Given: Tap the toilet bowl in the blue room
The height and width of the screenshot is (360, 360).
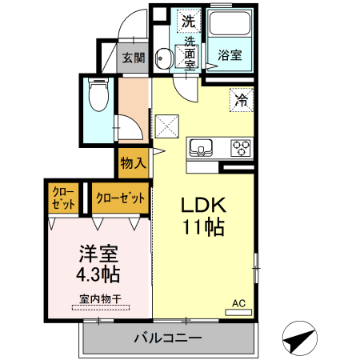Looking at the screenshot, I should (98, 97).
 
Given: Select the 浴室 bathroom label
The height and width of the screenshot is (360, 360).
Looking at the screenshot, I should (230, 56).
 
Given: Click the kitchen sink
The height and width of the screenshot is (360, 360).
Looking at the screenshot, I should (199, 148).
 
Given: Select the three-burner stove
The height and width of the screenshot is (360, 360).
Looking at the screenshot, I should (241, 148).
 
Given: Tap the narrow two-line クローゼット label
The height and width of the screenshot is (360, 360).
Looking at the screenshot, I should (64, 198).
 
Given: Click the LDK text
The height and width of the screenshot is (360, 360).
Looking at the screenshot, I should (200, 203).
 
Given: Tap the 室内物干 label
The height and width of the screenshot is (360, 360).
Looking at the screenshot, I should (98, 300).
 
